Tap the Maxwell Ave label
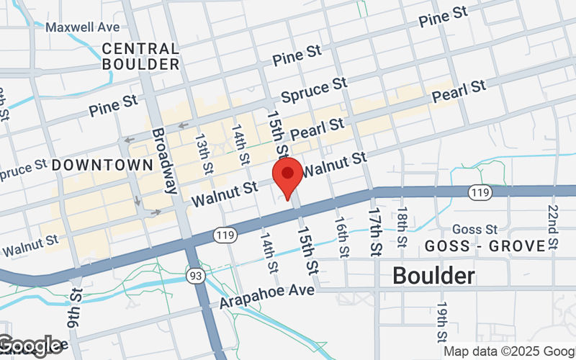[83, 27]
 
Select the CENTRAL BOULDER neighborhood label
[140, 56]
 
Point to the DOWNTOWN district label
[103, 165]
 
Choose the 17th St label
[374, 231]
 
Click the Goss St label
[475, 229]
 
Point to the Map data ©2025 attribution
[508, 351]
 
